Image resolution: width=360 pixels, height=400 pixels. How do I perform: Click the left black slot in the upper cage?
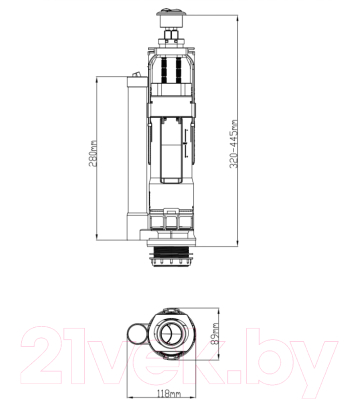pos(161,69)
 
